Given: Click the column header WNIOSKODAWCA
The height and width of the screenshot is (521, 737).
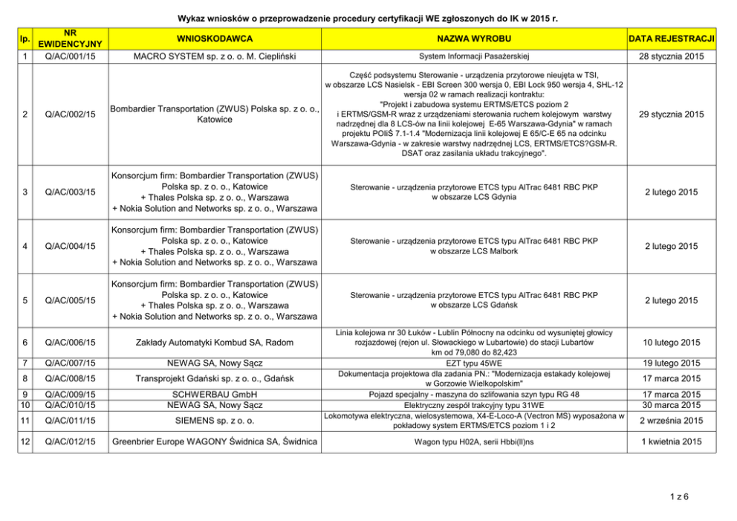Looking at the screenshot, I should [x=215, y=38].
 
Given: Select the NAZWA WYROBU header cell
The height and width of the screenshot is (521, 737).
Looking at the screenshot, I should [x=474, y=38].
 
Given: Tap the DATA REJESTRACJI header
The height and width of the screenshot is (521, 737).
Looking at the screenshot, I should [x=672, y=38].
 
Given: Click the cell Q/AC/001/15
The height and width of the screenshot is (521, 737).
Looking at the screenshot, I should [x=70, y=56].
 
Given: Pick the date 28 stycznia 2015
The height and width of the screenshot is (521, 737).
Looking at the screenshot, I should [x=672, y=56].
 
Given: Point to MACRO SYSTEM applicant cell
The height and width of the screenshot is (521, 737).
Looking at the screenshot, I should [x=215, y=56].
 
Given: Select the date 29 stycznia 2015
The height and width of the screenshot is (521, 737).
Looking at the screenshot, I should [x=672, y=114].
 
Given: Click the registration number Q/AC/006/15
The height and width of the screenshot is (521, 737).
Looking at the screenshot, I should [x=70, y=343].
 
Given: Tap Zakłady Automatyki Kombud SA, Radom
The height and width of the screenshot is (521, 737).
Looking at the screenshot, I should [x=215, y=343].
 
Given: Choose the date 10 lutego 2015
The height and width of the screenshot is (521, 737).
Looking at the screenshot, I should [x=672, y=343].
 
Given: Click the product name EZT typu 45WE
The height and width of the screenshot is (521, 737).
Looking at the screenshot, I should [x=474, y=363].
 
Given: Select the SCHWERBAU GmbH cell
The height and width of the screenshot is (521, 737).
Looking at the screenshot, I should [x=215, y=394].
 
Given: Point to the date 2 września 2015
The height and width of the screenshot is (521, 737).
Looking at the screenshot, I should [x=672, y=421].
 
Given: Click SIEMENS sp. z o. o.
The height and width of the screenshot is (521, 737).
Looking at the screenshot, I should [x=215, y=421].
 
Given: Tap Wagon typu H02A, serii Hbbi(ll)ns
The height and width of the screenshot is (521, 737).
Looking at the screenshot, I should [x=474, y=442].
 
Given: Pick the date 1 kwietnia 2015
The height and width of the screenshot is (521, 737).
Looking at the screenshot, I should [x=672, y=442].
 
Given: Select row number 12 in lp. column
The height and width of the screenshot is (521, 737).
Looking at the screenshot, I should [x=26, y=442].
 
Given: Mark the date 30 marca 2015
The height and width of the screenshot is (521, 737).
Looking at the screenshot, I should [x=672, y=405].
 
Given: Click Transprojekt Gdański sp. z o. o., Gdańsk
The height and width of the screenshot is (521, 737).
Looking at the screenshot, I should [x=215, y=378].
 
